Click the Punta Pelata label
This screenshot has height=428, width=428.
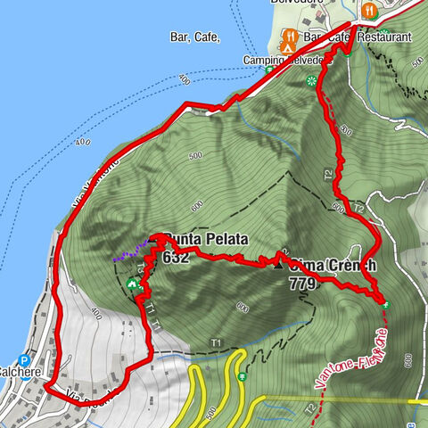point(205,239)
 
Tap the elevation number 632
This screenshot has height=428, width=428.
point(176,257)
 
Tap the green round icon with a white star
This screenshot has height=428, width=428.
point(311,80)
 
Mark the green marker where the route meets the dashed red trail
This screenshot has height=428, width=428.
point(386,304)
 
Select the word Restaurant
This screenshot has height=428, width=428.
point(384,38)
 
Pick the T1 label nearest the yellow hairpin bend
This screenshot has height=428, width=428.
point(215,343)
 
